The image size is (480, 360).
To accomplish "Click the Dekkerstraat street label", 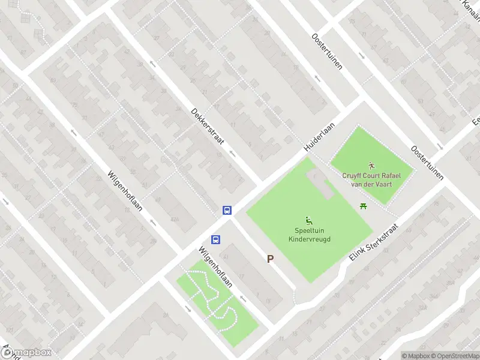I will point(208,127).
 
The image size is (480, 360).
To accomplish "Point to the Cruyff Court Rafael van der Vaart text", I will point(371,179).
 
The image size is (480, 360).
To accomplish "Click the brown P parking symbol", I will point(271,259).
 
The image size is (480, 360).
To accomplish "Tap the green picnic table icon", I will point(363,206).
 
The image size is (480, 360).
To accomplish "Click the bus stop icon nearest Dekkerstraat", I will point(227,210).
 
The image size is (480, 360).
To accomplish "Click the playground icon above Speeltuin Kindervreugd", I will point(309,220).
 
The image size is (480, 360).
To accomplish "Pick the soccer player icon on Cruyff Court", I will point(371,165).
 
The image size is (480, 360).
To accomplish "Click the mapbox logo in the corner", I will point(27,353).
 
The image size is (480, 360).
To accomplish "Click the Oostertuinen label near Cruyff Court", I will point(427,162).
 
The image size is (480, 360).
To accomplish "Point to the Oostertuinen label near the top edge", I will point(327,51).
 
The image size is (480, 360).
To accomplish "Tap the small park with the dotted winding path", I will point(217,303).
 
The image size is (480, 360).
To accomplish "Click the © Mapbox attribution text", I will point(416,356).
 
